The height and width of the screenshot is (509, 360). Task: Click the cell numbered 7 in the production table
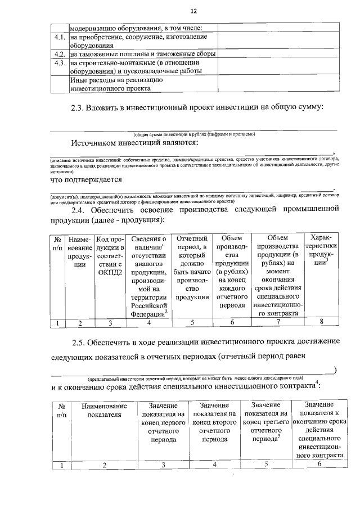pos(277,322)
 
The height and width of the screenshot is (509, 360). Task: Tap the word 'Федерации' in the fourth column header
pos(146,314)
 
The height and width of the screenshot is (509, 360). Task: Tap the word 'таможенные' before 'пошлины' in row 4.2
pos(100,55)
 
